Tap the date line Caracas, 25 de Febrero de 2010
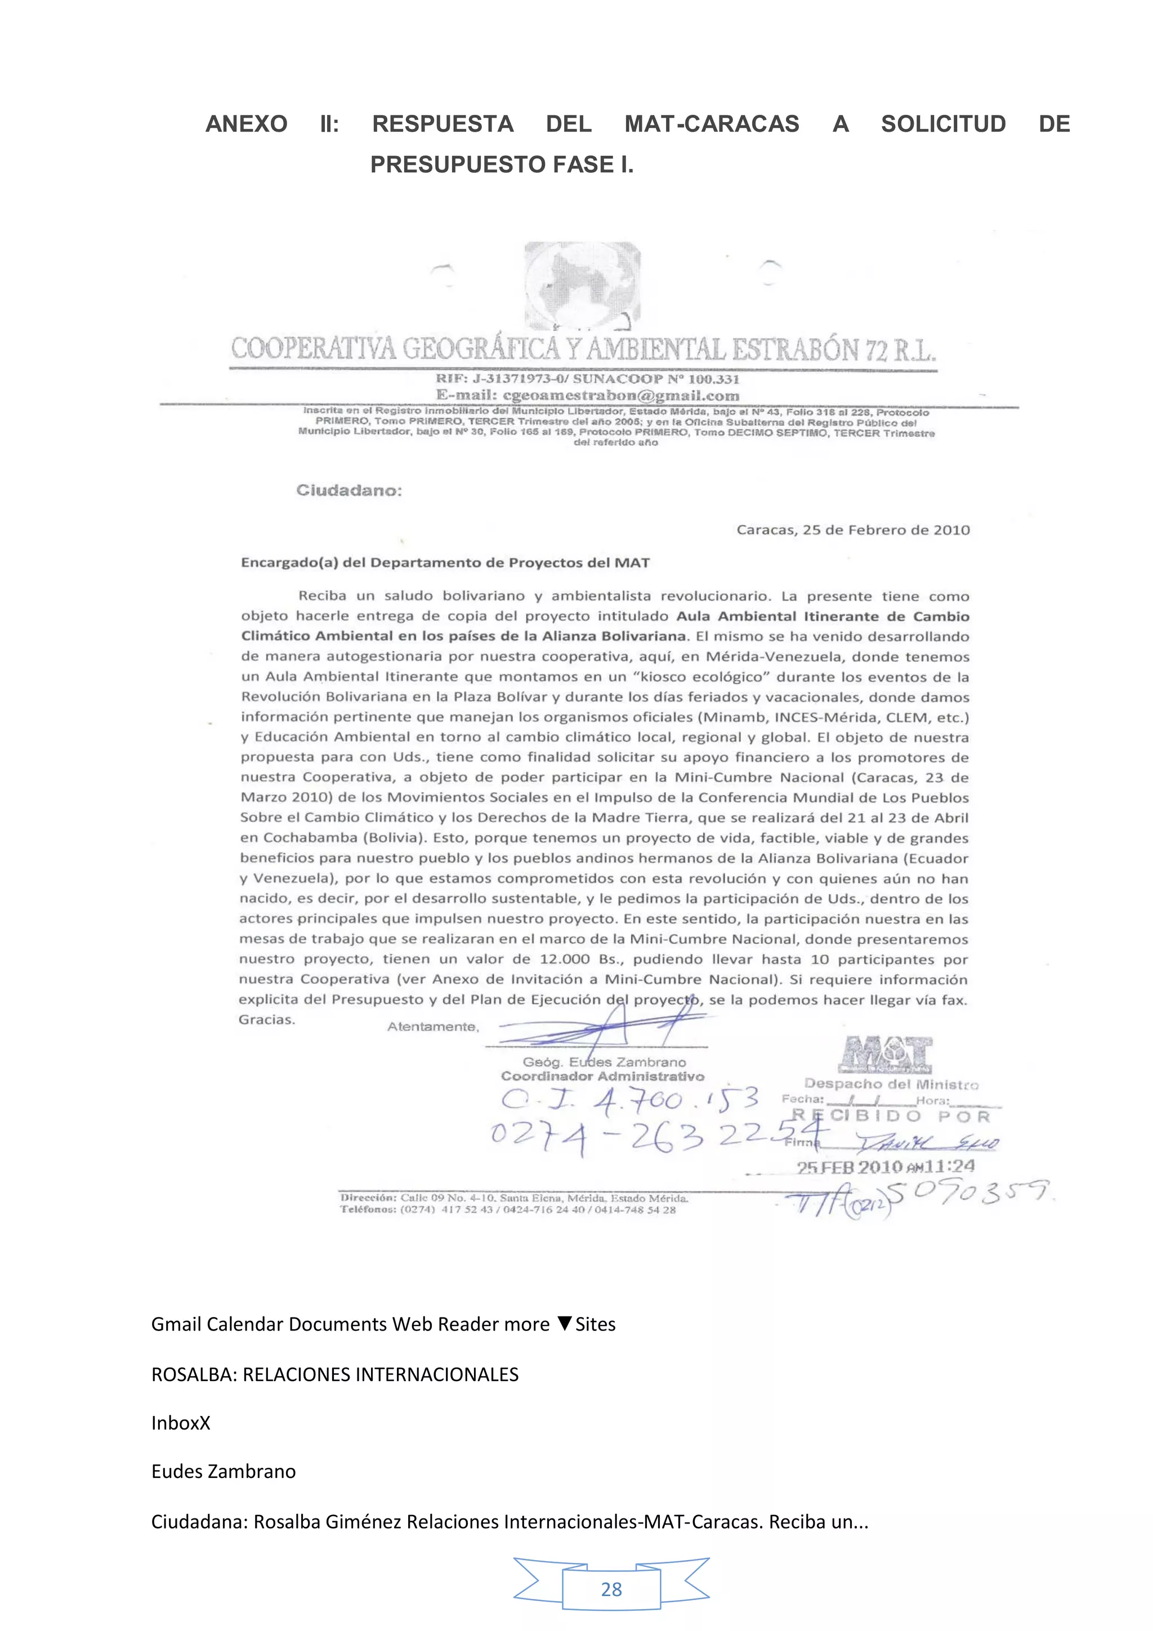[x=852, y=530]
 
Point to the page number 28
[x=611, y=1589]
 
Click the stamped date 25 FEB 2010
[x=849, y=1167]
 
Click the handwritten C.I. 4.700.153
[x=629, y=1100]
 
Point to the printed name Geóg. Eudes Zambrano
[x=604, y=1062]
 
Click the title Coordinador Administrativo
[x=602, y=1076]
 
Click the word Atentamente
[x=432, y=1027]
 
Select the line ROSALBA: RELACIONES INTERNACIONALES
[x=334, y=1374]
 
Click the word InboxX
[x=181, y=1423]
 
